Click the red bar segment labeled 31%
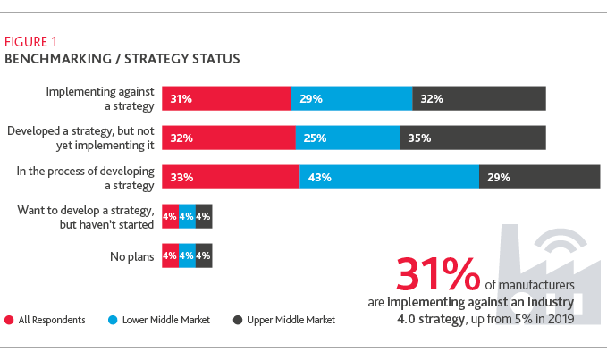(x=226, y=98)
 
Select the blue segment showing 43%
(x=389, y=177)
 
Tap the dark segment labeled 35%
(x=473, y=138)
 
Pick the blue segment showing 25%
(x=348, y=138)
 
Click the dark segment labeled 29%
(x=539, y=177)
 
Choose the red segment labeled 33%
(x=230, y=177)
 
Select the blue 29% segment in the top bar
(x=351, y=98)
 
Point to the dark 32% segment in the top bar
(x=478, y=98)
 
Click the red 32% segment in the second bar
(x=228, y=138)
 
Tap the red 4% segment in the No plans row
(x=170, y=256)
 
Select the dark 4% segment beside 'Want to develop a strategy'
(x=203, y=217)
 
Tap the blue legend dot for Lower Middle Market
(x=114, y=320)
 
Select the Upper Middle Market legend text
(x=291, y=320)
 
